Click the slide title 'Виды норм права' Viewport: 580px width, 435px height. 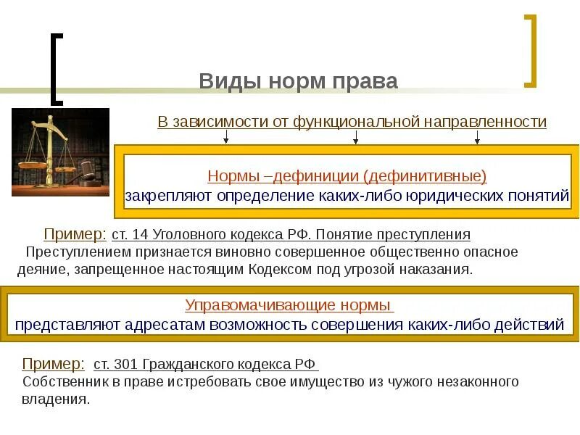298,81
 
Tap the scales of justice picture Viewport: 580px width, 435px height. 60,152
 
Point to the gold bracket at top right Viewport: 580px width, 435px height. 531,51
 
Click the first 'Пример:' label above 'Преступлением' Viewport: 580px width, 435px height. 75,234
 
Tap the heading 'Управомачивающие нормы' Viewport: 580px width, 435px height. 289,304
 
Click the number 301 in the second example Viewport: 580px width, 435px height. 130,364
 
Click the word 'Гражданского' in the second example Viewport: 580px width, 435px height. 188,364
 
